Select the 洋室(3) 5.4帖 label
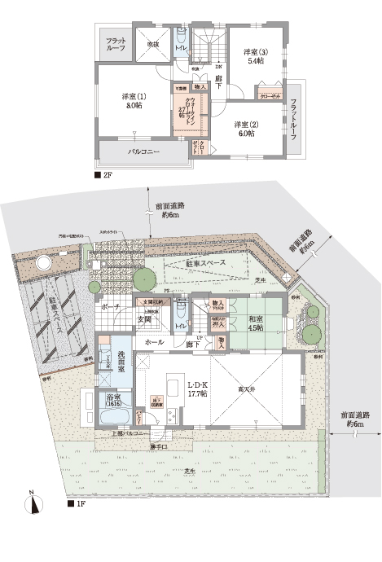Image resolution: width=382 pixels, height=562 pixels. [x=255, y=56]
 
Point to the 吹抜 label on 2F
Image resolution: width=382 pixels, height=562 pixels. [x=154, y=43]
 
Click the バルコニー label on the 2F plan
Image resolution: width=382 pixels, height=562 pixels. [x=143, y=152]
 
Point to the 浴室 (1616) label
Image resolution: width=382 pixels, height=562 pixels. [x=112, y=402]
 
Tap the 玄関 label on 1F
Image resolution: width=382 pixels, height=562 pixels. [x=146, y=319]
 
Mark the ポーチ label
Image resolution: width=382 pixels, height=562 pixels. [x=111, y=307]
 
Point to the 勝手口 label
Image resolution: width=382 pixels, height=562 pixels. [x=158, y=446]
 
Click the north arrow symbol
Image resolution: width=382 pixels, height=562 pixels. [x=33, y=503]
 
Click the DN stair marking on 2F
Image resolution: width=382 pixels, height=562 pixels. [x=217, y=67]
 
